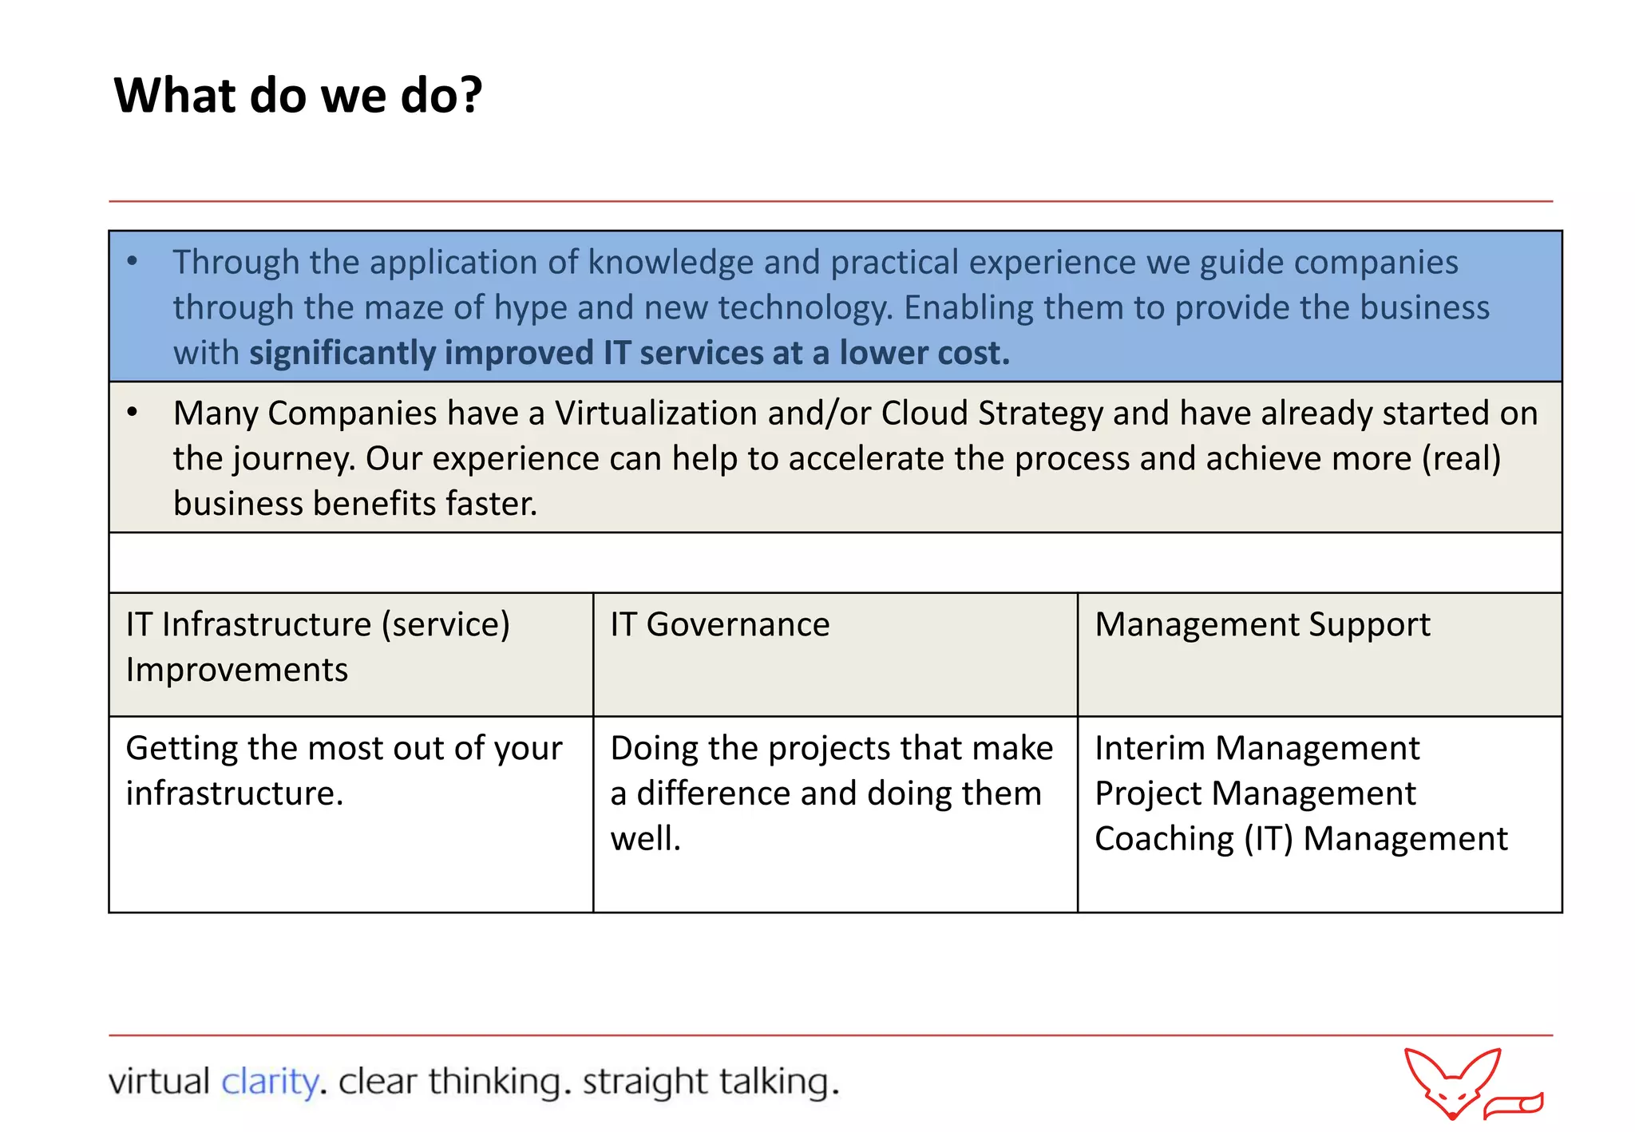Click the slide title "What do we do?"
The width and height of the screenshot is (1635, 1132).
point(298,96)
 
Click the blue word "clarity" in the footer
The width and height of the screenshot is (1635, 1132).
point(269,1082)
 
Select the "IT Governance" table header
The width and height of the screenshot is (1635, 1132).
point(719,624)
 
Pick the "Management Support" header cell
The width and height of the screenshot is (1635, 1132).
point(1261,624)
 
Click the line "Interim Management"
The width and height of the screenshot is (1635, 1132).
point(1257,748)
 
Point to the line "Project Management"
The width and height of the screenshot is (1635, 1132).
point(1255,794)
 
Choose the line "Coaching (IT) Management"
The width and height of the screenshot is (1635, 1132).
point(1300,839)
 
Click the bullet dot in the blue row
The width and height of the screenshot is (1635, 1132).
point(133,261)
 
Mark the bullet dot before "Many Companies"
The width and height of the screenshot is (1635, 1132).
point(133,412)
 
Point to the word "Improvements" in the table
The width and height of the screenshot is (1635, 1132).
point(236,670)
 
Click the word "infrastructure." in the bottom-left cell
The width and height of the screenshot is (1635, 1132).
point(235,794)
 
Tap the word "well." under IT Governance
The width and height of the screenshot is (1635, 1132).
point(645,839)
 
